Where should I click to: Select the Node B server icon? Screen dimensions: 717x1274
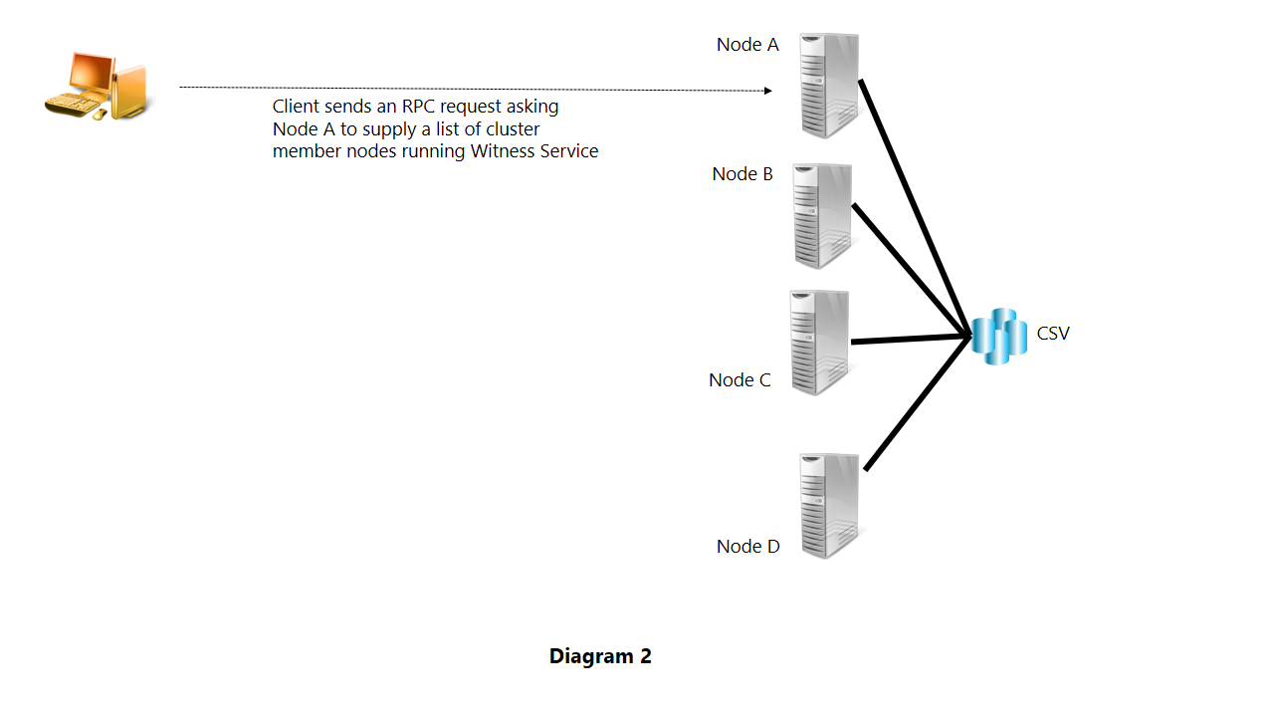tap(822, 215)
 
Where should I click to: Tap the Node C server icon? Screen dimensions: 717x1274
tap(819, 342)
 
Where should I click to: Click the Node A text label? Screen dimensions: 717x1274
tap(747, 45)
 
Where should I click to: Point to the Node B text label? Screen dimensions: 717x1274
tap(743, 174)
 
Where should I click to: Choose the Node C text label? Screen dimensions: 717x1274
tap(740, 380)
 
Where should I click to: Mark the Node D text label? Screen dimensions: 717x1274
tap(747, 547)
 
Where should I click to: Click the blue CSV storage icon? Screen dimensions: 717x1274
tap(998, 337)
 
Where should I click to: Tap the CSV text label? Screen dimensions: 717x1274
tap(1053, 334)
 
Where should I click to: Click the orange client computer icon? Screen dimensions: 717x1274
tap(100, 86)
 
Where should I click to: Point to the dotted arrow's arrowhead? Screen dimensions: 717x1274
tap(767, 91)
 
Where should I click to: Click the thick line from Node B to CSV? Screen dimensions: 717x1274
tap(910, 268)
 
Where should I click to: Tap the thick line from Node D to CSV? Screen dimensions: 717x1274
tap(916, 404)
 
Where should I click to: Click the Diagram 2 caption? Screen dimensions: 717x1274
tap(600, 656)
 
